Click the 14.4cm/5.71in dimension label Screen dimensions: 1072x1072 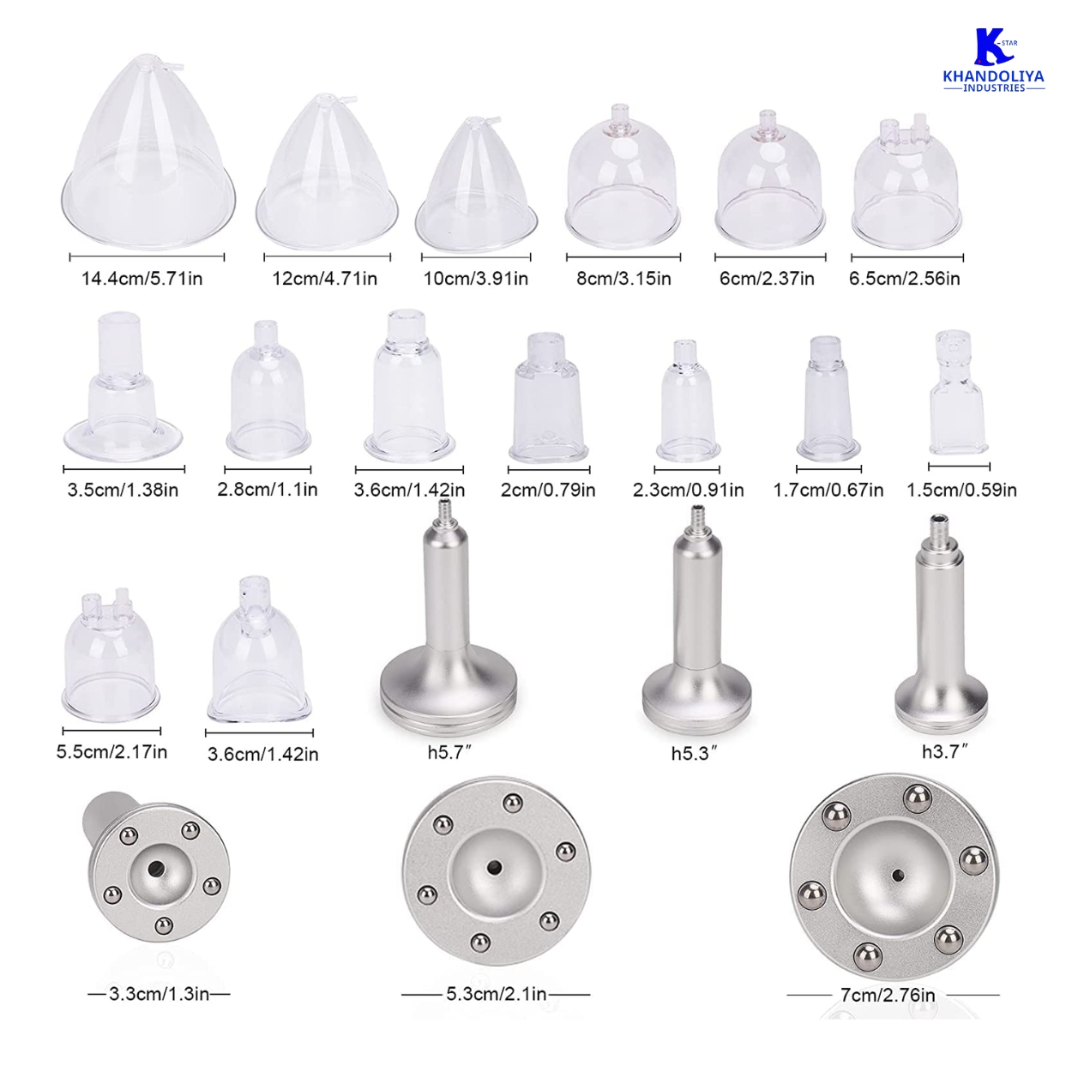[x=142, y=278]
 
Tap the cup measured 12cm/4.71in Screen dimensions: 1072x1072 [x=327, y=172]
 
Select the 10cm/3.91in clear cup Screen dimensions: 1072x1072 [x=476, y=184]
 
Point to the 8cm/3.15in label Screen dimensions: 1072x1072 [x=623, y=278]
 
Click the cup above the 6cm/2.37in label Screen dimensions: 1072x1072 [x=770, y=180]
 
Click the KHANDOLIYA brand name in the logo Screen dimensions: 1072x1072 [x=994, y=76]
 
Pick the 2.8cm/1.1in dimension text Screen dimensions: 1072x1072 [x=268, y=490]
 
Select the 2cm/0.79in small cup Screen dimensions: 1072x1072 [x=549, y=398]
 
